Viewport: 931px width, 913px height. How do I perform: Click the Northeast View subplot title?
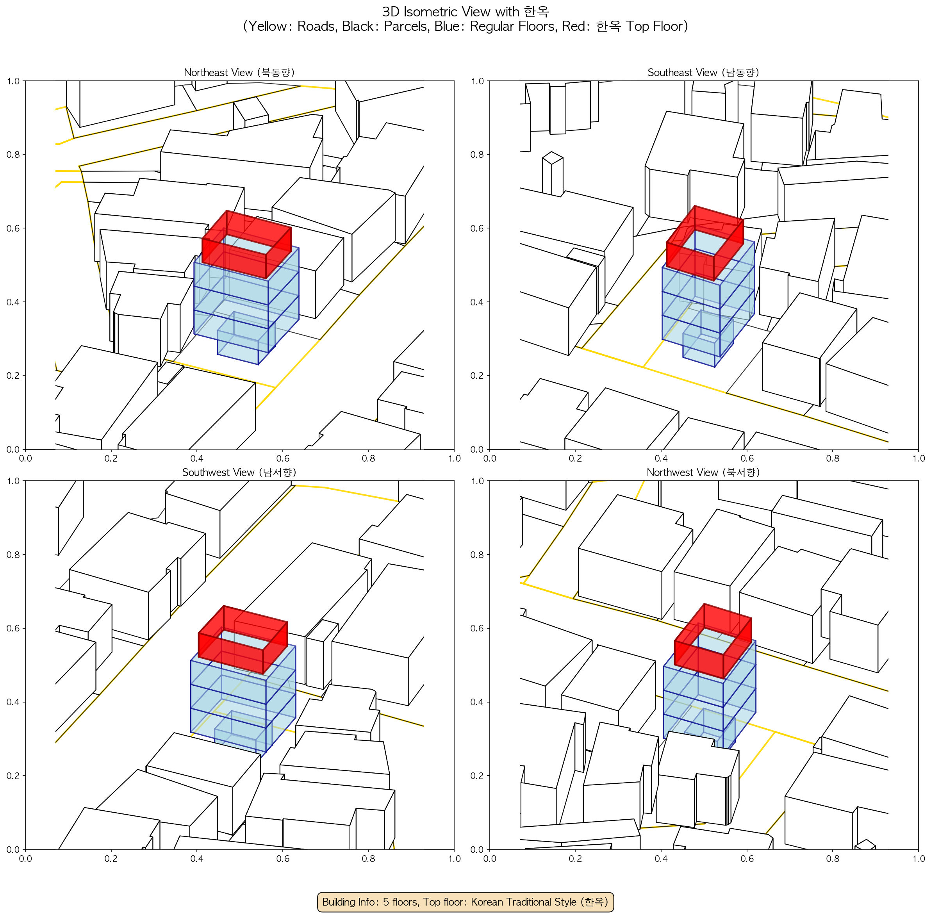point(239,72)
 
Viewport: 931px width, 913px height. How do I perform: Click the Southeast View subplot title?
point(703,72)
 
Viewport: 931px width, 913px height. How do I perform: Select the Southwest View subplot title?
point(239,473)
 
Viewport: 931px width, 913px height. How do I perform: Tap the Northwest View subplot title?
point(703,473)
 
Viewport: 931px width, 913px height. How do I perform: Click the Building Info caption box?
point(465,902)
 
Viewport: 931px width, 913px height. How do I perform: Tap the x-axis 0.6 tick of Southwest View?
point(283,858)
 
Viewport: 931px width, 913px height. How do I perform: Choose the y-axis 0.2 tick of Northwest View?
point(478,776)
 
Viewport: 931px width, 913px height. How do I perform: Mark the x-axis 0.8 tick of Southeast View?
point(833,458)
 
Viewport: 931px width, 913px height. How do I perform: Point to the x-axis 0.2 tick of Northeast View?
point(111,458)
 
